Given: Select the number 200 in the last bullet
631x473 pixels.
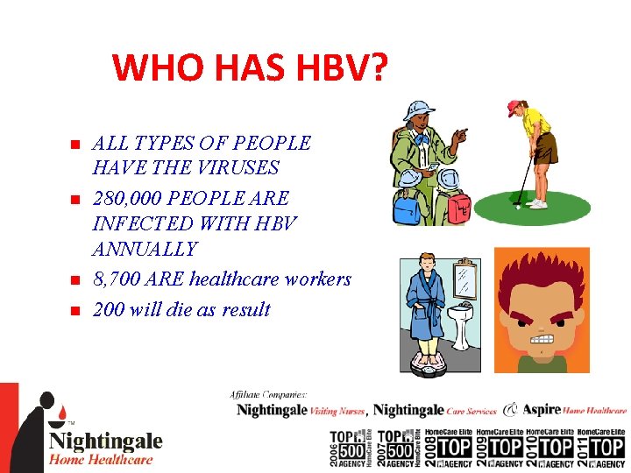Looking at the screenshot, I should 110,309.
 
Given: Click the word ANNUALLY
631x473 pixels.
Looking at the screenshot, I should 145,249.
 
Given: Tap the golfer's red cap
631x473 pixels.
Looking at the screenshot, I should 514,108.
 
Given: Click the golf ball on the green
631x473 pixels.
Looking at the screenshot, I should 518,207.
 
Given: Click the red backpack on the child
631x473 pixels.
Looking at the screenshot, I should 455,206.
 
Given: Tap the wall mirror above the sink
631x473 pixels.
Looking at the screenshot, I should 467,280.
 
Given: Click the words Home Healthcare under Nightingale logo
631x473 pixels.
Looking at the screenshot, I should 101,459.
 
